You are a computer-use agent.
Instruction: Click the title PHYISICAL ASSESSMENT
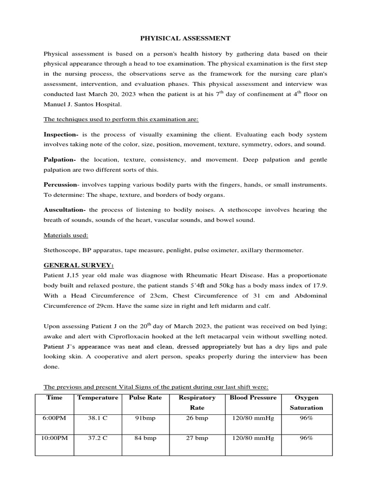coord(185,38)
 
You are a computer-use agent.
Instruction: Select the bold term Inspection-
coord(61,134)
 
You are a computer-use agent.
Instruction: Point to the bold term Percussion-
coord(61,184)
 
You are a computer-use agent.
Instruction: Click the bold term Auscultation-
coord(65,209)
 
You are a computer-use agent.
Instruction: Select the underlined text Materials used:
coord(66,235)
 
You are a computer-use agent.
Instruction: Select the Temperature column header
coord(97,398)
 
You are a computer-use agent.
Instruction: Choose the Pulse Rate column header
coord(145,398)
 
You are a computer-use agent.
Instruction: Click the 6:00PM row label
coord(54,418)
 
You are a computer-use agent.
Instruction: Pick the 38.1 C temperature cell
coord(97,418)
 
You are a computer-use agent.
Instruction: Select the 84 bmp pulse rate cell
coord(145,438)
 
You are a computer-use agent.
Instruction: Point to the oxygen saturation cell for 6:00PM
coord(306,418)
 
